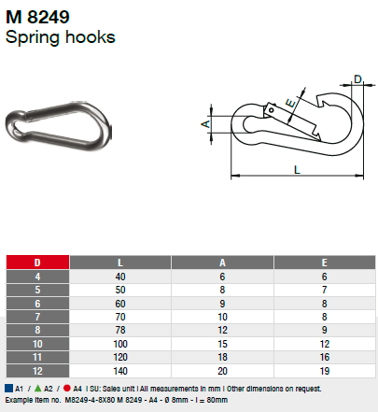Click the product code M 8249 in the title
pos(36,17)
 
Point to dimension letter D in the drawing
pos(357,80)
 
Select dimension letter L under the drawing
pos(296,170)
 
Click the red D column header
pos(36,263)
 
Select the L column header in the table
pos(120,263)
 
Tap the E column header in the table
pos(324,263)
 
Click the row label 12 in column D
pos(36,369)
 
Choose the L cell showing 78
pos(120,330)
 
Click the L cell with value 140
pos(120,369)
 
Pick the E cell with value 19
pos(324,369)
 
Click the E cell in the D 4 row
pos(324,277)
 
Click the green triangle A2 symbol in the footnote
pos(37,386)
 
